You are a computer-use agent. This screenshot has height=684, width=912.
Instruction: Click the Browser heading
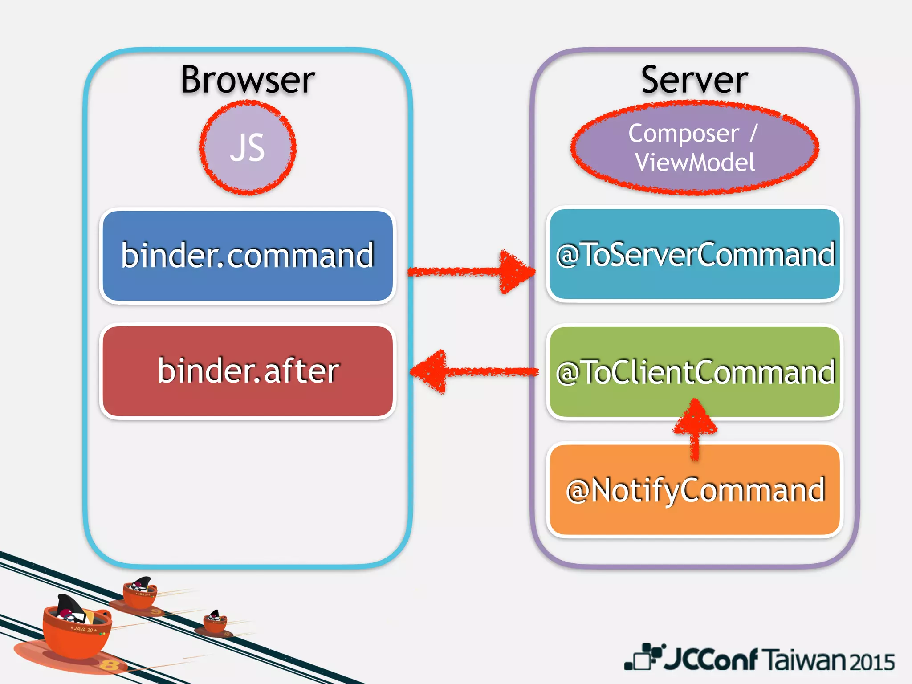[x=248, y=80]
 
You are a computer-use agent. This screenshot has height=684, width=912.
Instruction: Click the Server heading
[x=694, y=80]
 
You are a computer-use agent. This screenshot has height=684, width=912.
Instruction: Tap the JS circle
[x=248, y=148]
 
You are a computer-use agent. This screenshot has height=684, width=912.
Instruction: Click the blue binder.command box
[x=248, y=256]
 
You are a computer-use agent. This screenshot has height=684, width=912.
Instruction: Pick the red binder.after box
[x=248, y=371]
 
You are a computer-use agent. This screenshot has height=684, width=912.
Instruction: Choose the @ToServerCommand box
[x=695, y=255]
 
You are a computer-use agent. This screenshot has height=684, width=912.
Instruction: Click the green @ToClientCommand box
[x=695, y=372]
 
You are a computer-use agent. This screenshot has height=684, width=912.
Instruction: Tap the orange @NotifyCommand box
[x=695, y=490]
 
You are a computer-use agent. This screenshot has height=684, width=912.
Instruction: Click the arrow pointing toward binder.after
[x=472, y=371]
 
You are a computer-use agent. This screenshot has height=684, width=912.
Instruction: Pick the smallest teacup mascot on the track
[x=216, y=622]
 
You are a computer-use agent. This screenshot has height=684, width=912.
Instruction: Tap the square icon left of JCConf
[x=641, y=658]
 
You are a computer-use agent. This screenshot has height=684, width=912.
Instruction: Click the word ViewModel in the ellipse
[x=695, y=162]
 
